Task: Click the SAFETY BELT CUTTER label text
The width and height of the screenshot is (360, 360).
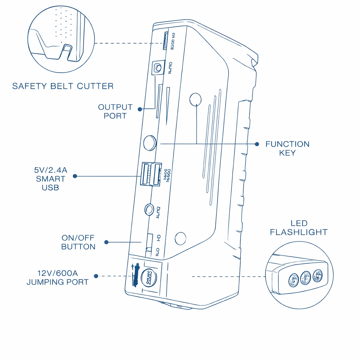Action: tap(63, 86)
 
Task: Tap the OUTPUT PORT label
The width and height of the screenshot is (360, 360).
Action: tap(115, 111)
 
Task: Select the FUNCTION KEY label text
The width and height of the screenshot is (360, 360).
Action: tap(287, 148)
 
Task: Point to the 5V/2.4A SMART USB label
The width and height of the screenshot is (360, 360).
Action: tap(50, 179)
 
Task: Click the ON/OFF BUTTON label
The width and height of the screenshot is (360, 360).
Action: tap(78, 242)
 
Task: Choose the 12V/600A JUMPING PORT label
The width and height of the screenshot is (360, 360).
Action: tap(57, 277)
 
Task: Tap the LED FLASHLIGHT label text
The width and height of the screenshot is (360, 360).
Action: tap(299, 228)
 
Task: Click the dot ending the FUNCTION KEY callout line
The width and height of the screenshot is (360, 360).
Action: tap(257, 144)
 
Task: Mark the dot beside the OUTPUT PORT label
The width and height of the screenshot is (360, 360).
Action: tap(140, 109)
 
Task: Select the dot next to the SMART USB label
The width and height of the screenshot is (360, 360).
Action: tap(75, 176)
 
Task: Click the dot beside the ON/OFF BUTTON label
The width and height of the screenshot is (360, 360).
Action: tap(107, 242)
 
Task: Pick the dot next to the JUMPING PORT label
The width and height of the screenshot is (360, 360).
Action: tap(96, 276)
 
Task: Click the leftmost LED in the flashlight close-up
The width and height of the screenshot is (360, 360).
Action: tap(293, 280)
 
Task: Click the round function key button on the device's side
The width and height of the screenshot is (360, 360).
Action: tap(150, 143)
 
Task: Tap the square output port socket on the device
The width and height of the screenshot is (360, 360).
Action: tap(158, 68)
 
